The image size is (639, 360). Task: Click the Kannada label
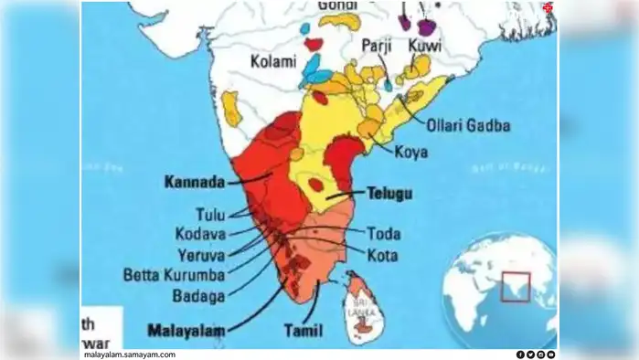click(x=195, y=182)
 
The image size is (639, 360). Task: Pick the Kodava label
click(x=200, y=233)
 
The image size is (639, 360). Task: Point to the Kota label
click(x=381, y=254)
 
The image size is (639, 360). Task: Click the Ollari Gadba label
click(x=466, y=125)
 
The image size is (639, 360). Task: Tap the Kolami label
click(x=273, y=62)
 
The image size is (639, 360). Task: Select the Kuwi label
click(x=425, y=44)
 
